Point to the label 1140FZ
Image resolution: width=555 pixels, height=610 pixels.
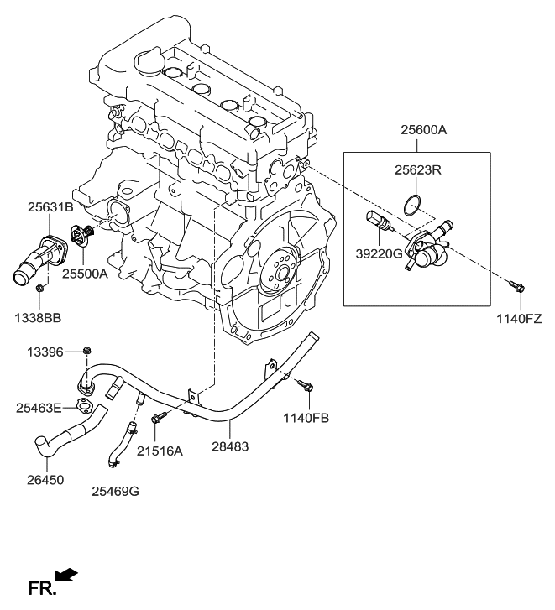(518, 320)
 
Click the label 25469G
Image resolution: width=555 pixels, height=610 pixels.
(116, 491)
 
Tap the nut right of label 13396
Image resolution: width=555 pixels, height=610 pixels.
(87, 350)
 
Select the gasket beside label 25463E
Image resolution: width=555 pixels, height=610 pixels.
(84, 408)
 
